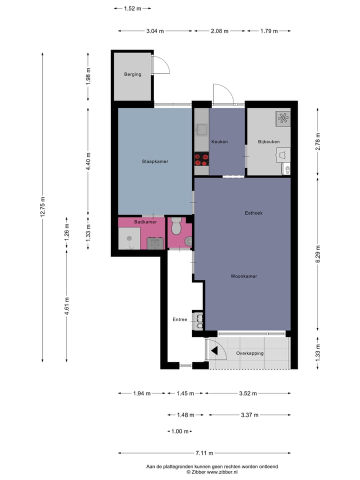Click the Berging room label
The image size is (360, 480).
click(132, 74)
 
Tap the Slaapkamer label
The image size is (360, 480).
click(154, 161)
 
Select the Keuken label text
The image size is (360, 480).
click(219, 141)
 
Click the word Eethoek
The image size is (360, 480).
click(253, 213)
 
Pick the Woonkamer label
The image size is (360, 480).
click(244, 276)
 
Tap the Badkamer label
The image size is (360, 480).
click(145, 221)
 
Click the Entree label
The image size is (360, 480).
click(179, 319)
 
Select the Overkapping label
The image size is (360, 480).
click(249, 353)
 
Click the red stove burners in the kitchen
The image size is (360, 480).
click(201, 159)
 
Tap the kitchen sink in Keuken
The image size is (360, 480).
click(201, 130)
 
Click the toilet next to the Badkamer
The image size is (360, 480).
click(175, 227)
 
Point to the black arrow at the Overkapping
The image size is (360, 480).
click(214, 351)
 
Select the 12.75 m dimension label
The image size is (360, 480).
click(43, 206)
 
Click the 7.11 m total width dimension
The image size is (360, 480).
click(204, 453)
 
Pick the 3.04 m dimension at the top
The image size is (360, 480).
click(155, 31)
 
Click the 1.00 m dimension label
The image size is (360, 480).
click(179, 431)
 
